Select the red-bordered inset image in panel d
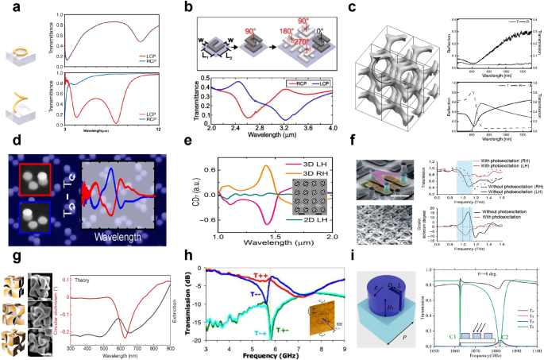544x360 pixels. [37, 162]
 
